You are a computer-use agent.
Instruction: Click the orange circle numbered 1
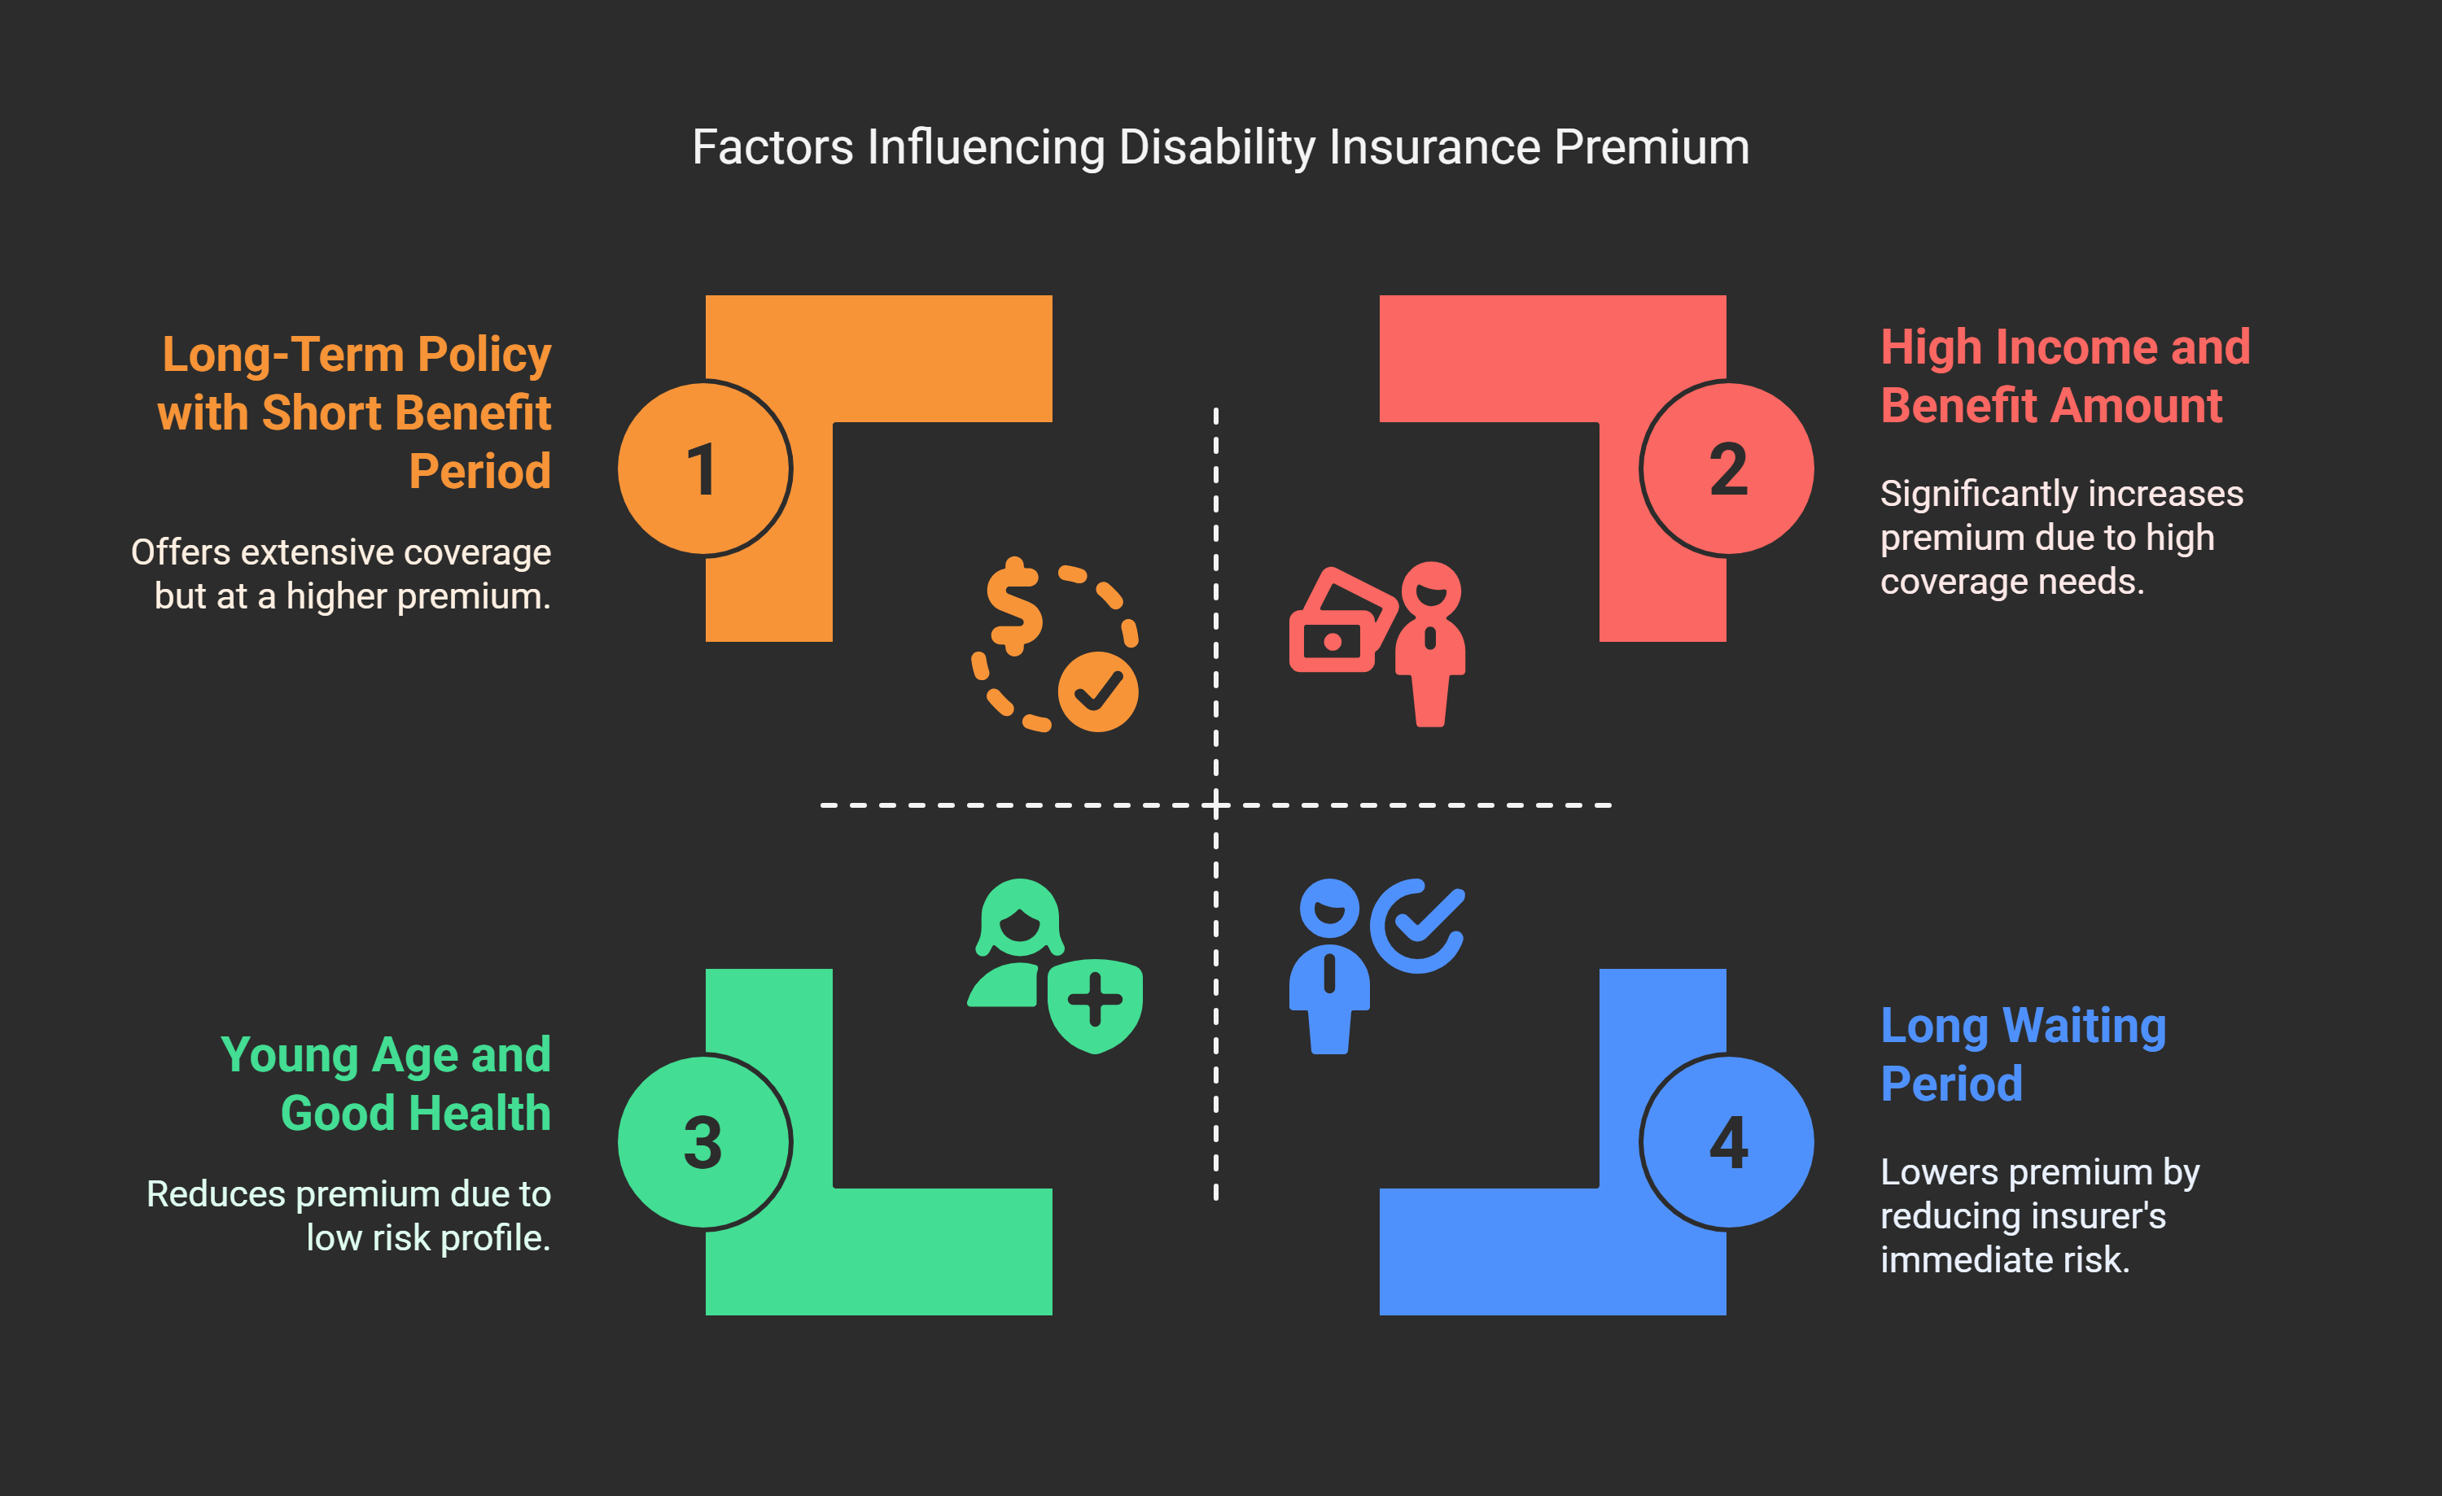point(703,469)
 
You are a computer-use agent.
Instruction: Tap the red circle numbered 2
point(1727,469)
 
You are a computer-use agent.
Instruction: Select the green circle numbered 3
point(703,1142)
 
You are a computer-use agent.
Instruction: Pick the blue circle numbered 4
point(1727,1142)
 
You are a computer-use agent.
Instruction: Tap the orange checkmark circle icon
point(1097,691)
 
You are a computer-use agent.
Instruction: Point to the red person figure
point(1430,644)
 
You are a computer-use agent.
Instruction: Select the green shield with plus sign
point(1095,1002)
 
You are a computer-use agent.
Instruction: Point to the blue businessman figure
point(1329,966)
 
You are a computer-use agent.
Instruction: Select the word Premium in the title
point(1651,147)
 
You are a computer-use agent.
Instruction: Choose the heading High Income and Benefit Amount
point(2064,377)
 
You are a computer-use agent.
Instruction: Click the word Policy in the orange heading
point(484,355)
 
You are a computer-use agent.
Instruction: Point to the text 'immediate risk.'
point(2004,1260)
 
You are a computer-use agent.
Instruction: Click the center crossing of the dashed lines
point(1216,805)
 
